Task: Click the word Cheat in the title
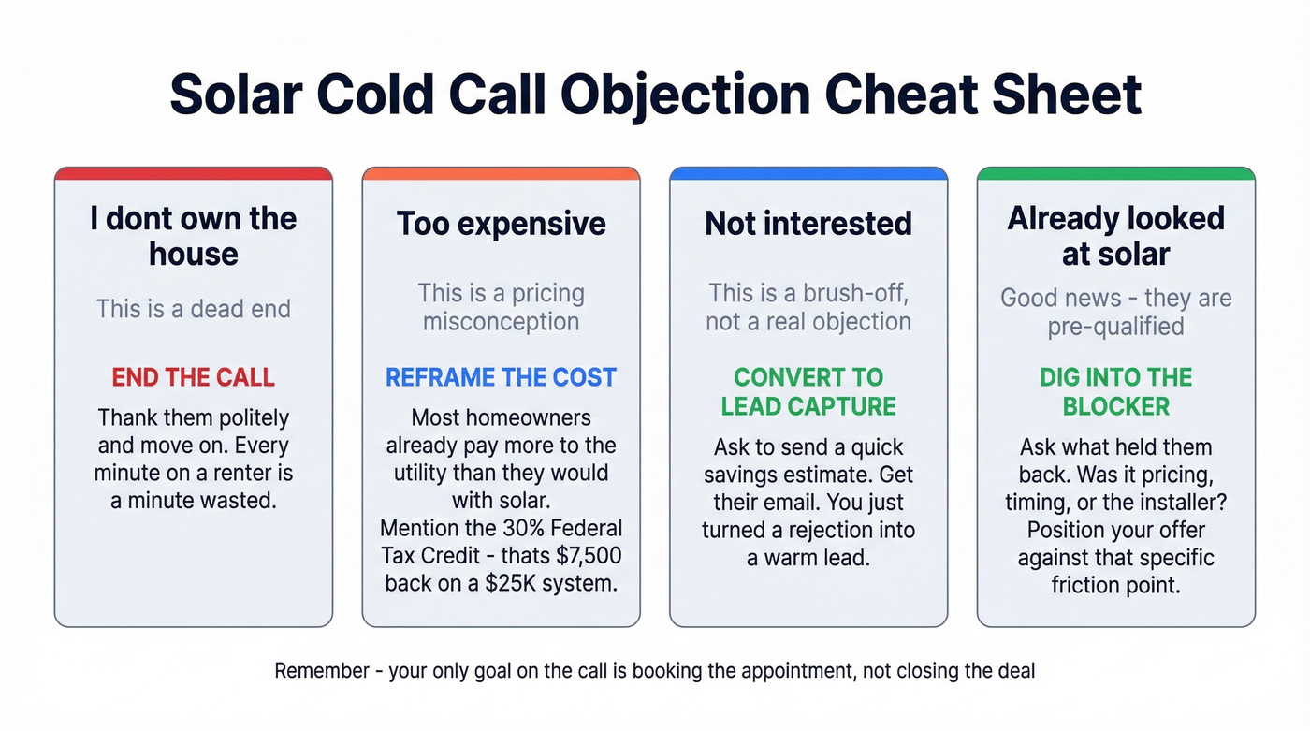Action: (x=911, y=94)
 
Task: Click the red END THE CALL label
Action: (x=193, y=377)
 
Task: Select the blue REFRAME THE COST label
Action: (x=501, y=377)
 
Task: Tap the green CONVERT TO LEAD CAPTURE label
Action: (x=808, y=391)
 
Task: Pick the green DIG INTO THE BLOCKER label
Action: (x=1115, y=391)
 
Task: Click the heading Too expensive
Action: (x=501, y=224)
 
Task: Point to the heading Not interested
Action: (x=808, y=224)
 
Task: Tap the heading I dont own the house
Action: (x=193, y=236)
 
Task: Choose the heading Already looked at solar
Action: (x=1115, y=236)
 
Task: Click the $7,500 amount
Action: (x=586, y=555)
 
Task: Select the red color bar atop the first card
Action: (x=193, y=173)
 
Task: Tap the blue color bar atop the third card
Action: (x=808, y=173)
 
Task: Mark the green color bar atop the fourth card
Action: (x=1115, y=173)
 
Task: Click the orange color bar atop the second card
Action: (x=501, y=173)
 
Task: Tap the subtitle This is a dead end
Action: (x=193, y=308)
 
